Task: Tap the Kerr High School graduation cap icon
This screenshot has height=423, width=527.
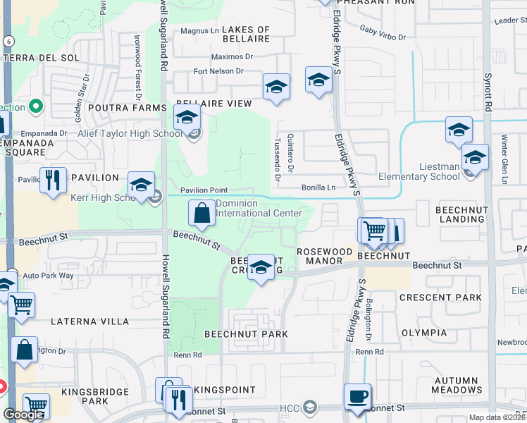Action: pyautogui.click(x=142, y=187)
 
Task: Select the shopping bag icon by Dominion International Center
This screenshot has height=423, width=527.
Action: pyautogui.click(x=201, y=213)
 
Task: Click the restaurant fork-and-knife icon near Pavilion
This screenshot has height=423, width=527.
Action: pyautogui.click(x=53, y=180)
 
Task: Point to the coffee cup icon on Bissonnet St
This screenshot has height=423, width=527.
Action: pyautogui.click(x=358, y=396)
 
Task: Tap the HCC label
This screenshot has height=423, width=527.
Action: pyautogui.click(x=290, y=408)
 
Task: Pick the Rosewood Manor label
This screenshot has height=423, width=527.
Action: pyautogui.click(x=324, y=252)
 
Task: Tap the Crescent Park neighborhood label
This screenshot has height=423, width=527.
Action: pyautogui.click(x=440, y=298)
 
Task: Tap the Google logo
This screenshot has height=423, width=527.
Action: pyautogui.click(x=23, y=415)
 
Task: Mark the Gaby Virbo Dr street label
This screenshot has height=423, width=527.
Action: pyautogui.click(x=383, y=33)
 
